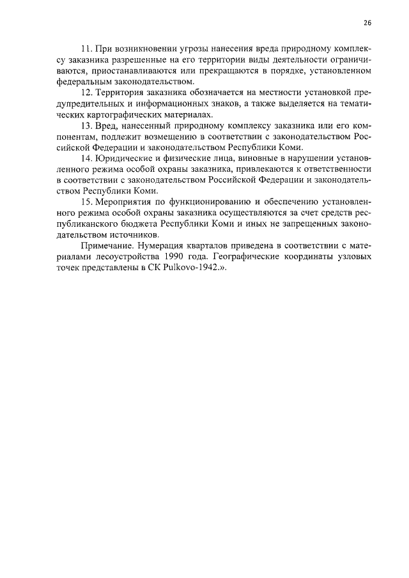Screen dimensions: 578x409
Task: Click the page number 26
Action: click(367, 22)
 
